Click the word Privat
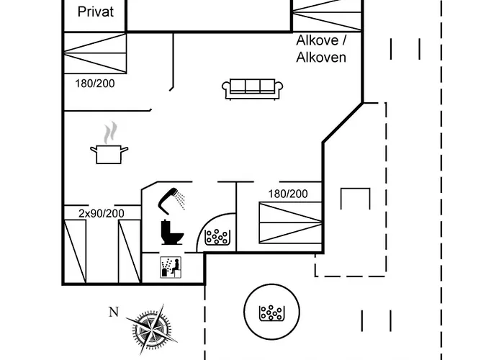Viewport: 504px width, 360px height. pos(95,12)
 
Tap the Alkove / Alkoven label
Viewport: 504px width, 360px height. pos(321,48)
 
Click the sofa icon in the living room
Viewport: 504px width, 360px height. pos(252,88)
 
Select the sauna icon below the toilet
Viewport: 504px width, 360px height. pos(171,267)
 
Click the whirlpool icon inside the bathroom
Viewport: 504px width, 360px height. pos(217,237)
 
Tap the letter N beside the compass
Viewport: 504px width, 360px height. pos(112,312)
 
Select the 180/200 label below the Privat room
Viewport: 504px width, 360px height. pos(95,83)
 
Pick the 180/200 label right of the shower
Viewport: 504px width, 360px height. pos(288,194)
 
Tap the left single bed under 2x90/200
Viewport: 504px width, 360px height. pos(76,250)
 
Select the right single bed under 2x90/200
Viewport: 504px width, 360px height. pos(129,250)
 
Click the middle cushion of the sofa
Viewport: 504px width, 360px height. pos(252,86)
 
